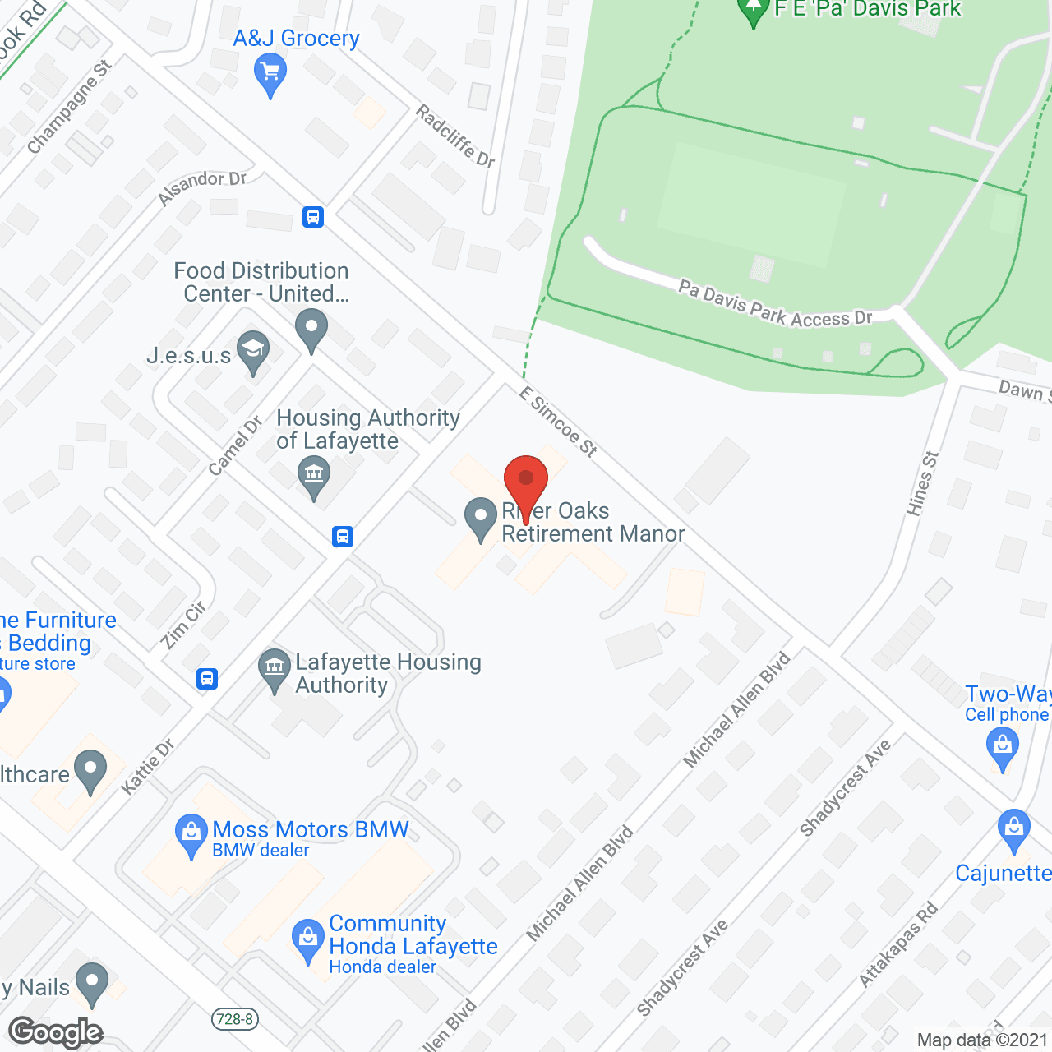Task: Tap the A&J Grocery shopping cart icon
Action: click(270, 74)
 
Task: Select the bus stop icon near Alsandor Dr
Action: click(313, 217)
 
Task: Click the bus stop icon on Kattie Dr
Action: click(207, 679)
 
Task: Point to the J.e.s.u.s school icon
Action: click(253, 351)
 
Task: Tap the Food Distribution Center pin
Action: click(311, 329)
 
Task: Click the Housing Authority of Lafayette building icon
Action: click(313, 476)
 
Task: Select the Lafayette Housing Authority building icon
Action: click(275, 670)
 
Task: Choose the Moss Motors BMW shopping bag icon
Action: click(191, 834)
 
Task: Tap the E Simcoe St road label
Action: click(558, 421)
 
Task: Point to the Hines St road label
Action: click(921, 483)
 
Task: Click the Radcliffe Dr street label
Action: click(455, 136)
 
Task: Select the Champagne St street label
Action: click(68, 107)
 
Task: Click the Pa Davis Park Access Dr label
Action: click(774, 305)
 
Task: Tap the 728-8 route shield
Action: click(234, 1020)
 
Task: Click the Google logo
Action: click(55, 1032)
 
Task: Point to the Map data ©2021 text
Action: click(982, 1040)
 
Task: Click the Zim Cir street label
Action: click(184, 625)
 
